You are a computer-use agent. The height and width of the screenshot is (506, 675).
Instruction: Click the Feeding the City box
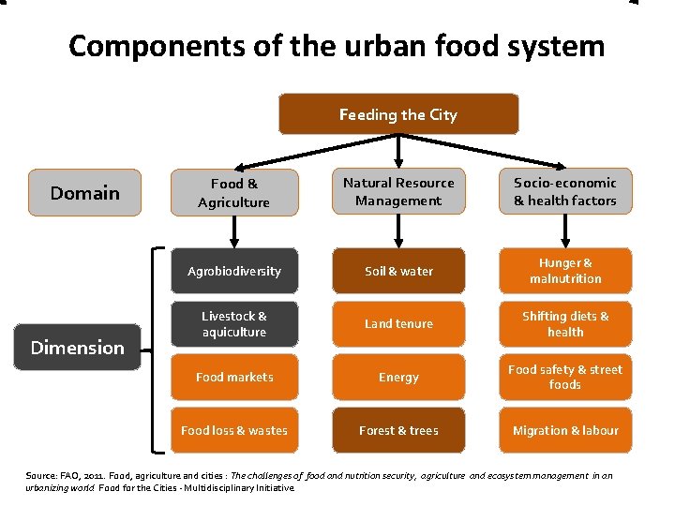[x=398, y=114]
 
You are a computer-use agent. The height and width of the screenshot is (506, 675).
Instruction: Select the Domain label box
[x=85, y=193]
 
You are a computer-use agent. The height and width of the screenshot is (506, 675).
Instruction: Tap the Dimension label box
[x=78, y=348]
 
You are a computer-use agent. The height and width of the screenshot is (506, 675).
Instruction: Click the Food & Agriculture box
[x=233, y=193]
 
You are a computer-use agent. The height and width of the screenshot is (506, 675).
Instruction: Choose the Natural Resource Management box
[x=398, y=192]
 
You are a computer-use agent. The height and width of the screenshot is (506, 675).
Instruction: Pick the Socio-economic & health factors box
[x=565, y=192]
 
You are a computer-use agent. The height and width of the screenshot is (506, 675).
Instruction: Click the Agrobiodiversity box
[x=233, y=271]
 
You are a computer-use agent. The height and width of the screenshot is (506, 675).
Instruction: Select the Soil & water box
[x=398, y=271]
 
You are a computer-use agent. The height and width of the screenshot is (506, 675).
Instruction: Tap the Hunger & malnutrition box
[x=565, y=271]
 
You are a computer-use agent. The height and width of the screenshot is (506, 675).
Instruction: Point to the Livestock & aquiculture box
[x=233, y=324]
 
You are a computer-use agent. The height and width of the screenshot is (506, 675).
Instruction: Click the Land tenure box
[x=398, y=324]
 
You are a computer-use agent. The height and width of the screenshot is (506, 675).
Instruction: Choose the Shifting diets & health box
[x=565, y=324]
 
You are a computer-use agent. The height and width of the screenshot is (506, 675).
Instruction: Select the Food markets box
[x=233, y=377]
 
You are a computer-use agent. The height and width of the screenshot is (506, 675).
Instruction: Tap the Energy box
[x=398, y=377]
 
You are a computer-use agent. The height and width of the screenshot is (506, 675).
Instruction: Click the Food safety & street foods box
[x=565, y=377]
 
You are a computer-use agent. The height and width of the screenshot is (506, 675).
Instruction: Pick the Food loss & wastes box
[x=233, y=430]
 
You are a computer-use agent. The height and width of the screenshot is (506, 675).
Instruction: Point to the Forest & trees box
[x=398, y=430]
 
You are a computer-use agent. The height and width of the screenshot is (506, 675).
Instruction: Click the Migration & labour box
[x=565, y=430]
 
